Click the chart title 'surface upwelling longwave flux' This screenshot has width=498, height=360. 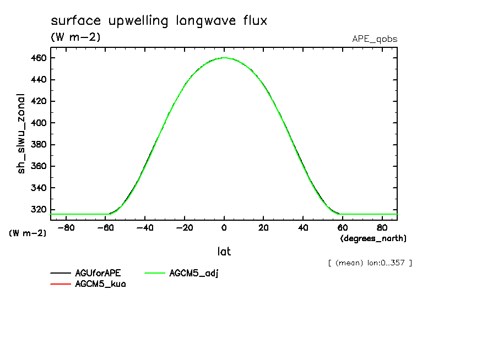[159, 21]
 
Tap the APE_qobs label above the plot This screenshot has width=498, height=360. [375, 39]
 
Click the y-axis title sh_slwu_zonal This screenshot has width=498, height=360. [21, 133]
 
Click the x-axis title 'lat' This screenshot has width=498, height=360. [224, 252]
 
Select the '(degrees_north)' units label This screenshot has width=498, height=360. [373, 238]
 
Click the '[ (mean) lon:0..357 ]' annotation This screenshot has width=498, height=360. [370, 263]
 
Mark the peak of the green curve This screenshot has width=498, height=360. [224, 57]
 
